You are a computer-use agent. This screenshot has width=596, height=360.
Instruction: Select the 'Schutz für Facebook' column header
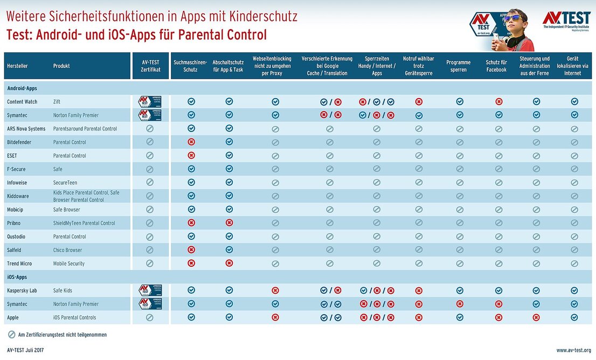coord(496,66)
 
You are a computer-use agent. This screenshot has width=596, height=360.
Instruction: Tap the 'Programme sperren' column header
coord(459,66)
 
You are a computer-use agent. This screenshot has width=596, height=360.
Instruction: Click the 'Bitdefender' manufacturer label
coord(19,142)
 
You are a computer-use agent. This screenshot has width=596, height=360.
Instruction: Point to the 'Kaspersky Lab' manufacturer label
coord(22,290)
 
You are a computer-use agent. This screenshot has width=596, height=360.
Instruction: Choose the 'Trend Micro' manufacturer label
coord(19,264)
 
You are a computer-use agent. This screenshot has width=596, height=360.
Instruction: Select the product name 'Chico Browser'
coord(67,250)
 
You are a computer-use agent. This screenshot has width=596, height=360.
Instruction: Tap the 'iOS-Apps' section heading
coord(17,277)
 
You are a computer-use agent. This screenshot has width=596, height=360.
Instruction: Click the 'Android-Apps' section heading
coord(22,88)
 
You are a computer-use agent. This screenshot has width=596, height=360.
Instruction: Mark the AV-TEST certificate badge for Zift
coord(150,101)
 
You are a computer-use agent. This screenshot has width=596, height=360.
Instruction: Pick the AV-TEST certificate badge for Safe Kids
coord(150,290)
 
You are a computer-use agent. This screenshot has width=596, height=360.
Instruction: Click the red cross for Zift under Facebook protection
coord(499,101)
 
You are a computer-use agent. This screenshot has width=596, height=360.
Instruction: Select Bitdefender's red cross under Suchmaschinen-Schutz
coord(191,142)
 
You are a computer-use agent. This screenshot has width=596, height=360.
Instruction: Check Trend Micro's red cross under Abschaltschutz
coord(229,263)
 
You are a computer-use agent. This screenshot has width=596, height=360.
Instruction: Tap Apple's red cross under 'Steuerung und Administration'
coord(537,317)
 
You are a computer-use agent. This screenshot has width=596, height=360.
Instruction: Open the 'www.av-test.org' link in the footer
coord(573,350)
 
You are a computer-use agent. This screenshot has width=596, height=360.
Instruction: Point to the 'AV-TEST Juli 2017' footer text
coord(25,350)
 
